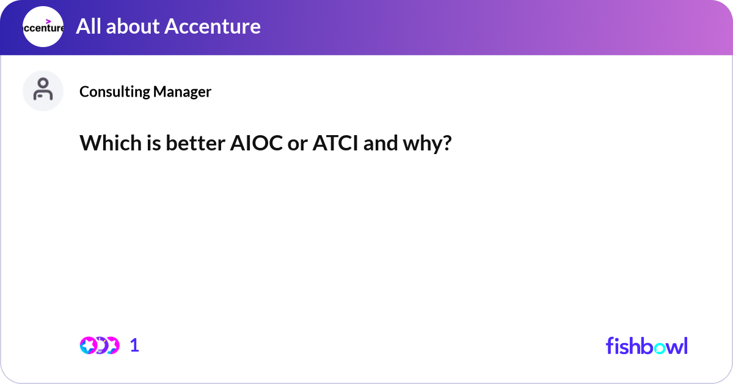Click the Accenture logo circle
[43, 26]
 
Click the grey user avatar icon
[43, 90]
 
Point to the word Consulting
[114, 92]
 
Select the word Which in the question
[106, 144]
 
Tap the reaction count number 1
[134, 345]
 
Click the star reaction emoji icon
[89, 345]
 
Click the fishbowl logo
[646, 345]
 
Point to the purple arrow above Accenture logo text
[48, 21]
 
